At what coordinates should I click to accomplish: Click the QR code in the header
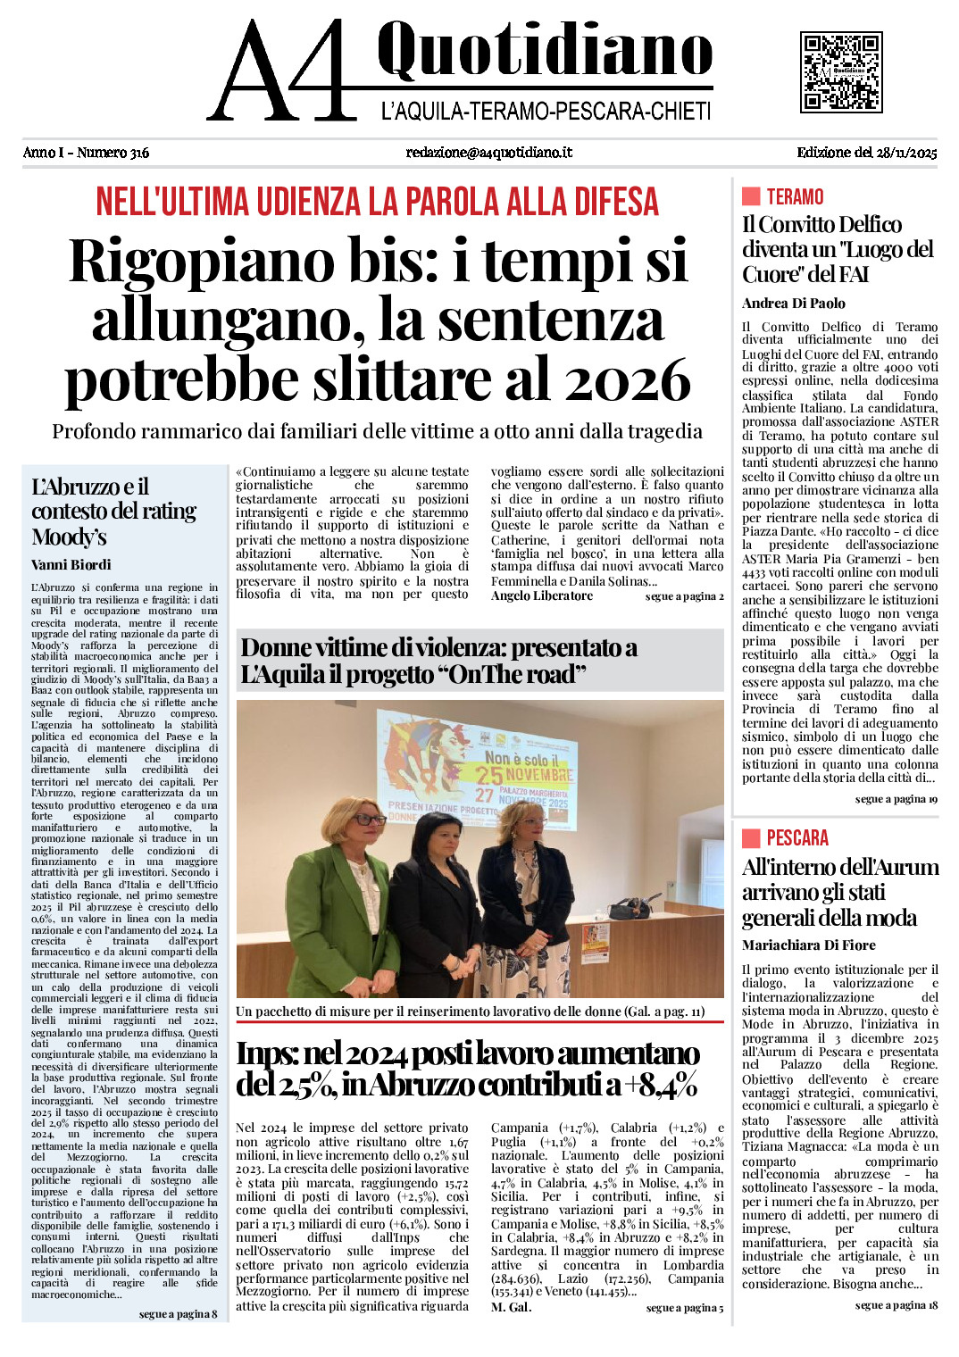click(840, 71)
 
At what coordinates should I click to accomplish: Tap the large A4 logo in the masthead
click(282, 71)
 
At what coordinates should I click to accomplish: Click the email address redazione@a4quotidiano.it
click(488, 153)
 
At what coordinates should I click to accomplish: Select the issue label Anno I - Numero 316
click(86, 153)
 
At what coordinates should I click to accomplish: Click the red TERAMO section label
click(795, 197)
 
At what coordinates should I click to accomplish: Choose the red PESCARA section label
click(797, 838)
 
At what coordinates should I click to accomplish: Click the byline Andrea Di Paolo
click(793, 304)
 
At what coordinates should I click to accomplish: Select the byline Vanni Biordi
click(71, 565)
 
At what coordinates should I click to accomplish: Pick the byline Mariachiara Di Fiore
click(808, 945)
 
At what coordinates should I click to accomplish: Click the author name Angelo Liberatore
click(541, 596)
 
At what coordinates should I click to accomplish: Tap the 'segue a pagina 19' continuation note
click(896, 799)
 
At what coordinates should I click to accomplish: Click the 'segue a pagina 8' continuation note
click(178, 1314)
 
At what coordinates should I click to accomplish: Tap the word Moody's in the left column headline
click(69, 537)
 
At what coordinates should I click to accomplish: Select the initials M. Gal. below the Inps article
click(511, 1308)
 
